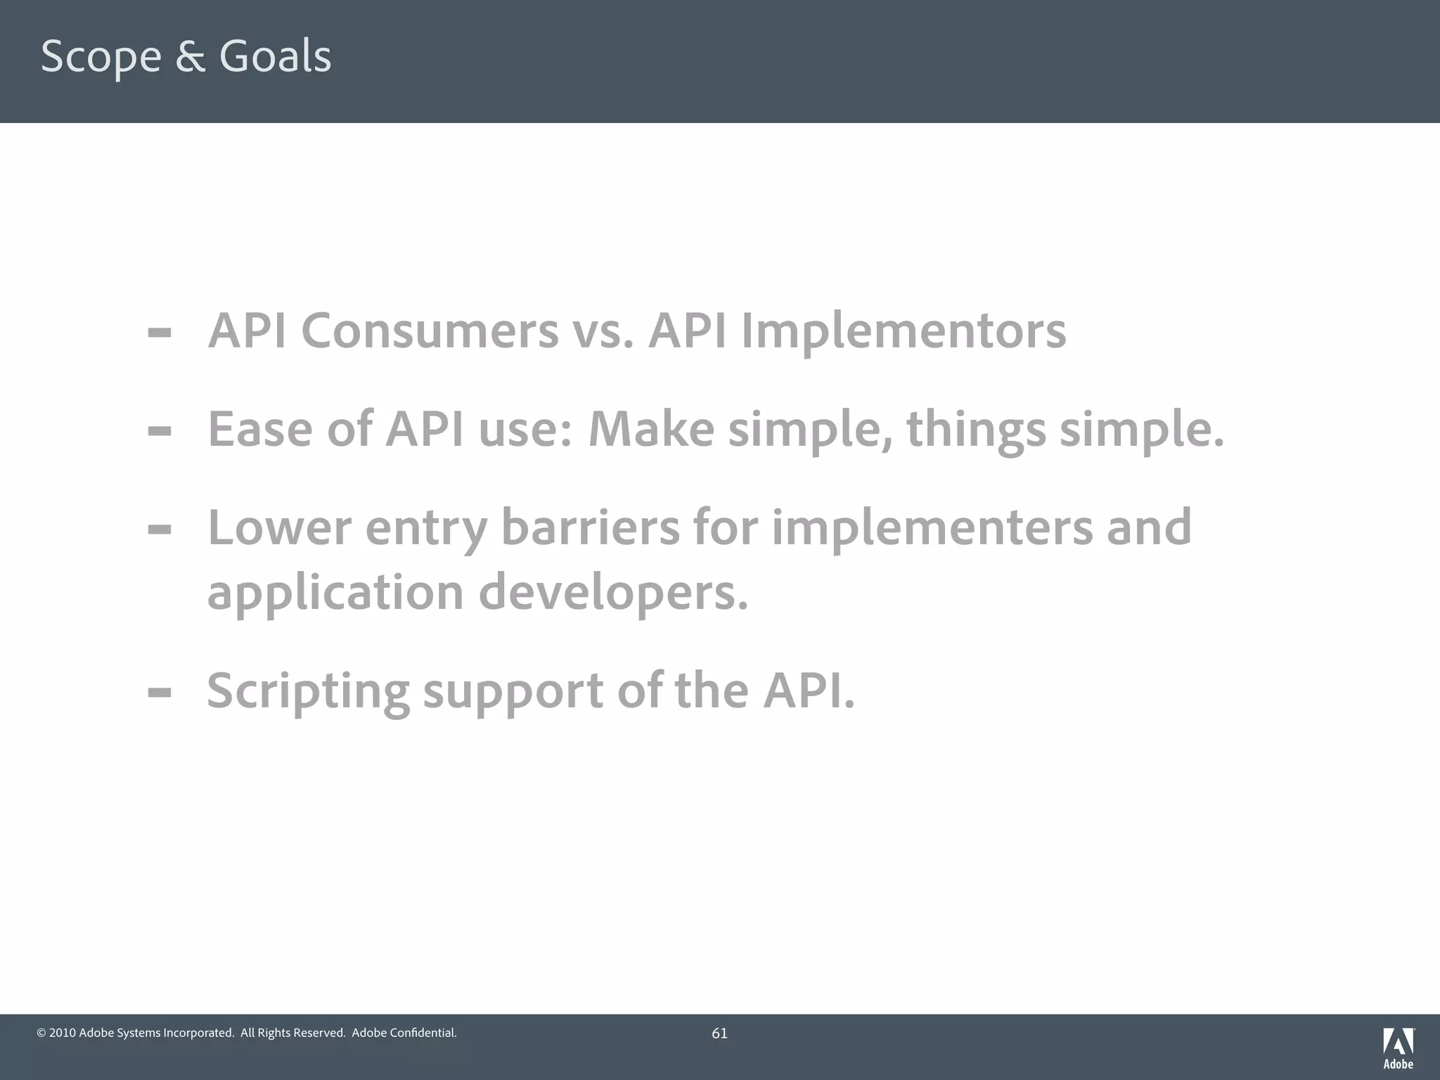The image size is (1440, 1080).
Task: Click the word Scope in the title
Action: (101, 57)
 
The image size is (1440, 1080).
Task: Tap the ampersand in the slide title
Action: (190, 56)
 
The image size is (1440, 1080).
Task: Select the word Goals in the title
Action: (275, 56)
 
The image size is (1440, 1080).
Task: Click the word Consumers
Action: (430, 330)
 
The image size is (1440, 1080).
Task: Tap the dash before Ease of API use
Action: (160, 430)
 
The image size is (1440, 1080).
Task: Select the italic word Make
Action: (651, 429)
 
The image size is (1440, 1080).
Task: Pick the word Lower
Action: (279, 527)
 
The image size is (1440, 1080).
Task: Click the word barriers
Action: (590, 527)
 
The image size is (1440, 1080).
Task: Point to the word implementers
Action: (932, 527)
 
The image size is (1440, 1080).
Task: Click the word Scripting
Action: (308, 691)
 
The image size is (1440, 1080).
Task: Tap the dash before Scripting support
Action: (160, 693)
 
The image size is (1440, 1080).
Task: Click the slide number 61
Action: (719, 1033)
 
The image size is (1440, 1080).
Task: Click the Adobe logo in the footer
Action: (1398, 1048)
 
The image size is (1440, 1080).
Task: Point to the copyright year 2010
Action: (63, 1033)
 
